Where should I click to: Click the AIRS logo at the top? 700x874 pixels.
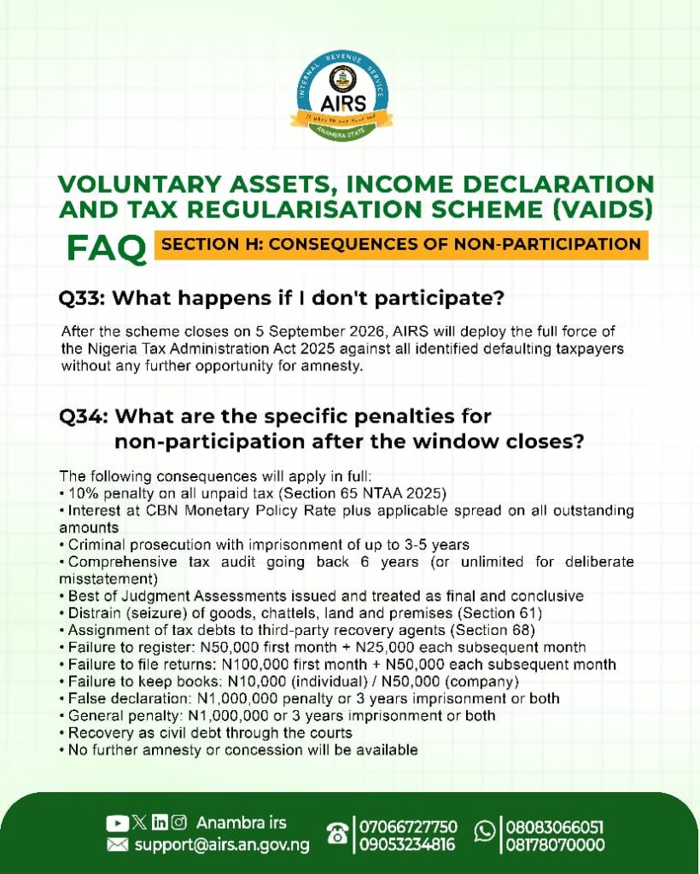click(x=342, y=96)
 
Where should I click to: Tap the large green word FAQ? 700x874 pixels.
click(x=107, y=248)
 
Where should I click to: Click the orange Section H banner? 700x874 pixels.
click(x=400, y=245)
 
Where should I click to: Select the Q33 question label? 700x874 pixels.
click(x=83, y=298)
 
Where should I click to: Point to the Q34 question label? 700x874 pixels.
click(x=84, y=417)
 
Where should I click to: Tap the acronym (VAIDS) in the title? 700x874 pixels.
click(x=602, y=210)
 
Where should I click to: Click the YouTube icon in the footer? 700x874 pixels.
click(x=117, y=824)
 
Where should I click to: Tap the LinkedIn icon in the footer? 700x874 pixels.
click(x=160, y=822)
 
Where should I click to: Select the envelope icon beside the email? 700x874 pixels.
click(x=117, y=846)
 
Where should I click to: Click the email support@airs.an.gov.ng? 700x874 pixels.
click(x=222, y=846)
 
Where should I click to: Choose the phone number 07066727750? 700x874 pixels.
click(x=408, y=826)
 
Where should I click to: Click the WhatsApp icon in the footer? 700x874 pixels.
click(x=485, y=831)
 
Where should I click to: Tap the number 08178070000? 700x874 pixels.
click(x=555, y=845)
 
